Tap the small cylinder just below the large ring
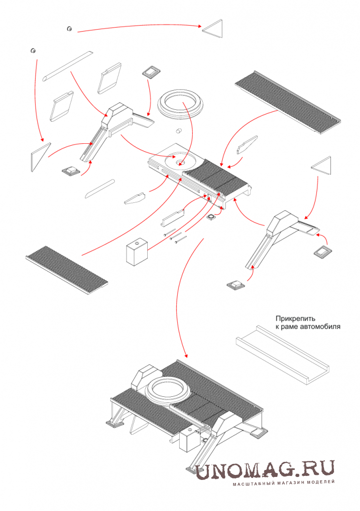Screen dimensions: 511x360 (x=177, y=131)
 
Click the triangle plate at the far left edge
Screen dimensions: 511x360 (x=40, y=157)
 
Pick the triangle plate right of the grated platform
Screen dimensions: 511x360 (x=322, y=166)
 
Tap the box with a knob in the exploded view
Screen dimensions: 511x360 (x=136, y=252)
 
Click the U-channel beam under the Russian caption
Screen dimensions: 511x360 (x=281, y=354)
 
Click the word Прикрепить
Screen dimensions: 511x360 (x=294, y=319)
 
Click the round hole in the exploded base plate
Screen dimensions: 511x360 (x=180, y=162)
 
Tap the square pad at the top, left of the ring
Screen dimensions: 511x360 (x=151, y=72)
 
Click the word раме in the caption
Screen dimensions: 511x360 (x=290, y=327)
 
